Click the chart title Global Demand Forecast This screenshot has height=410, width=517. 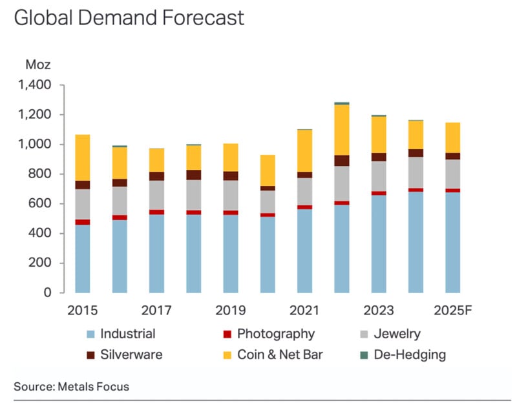pos(129,17)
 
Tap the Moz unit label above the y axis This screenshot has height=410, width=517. pos(37,65)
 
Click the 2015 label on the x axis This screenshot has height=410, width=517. pos(82,311)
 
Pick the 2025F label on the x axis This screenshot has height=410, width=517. pos(452,311)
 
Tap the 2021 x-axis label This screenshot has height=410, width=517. pos(304,311)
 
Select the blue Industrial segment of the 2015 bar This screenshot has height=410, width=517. pos(82,258)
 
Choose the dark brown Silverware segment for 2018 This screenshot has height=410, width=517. pos(193,174)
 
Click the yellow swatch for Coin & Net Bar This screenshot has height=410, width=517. pos(224,354)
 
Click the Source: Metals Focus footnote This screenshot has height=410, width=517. pos(71,387)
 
